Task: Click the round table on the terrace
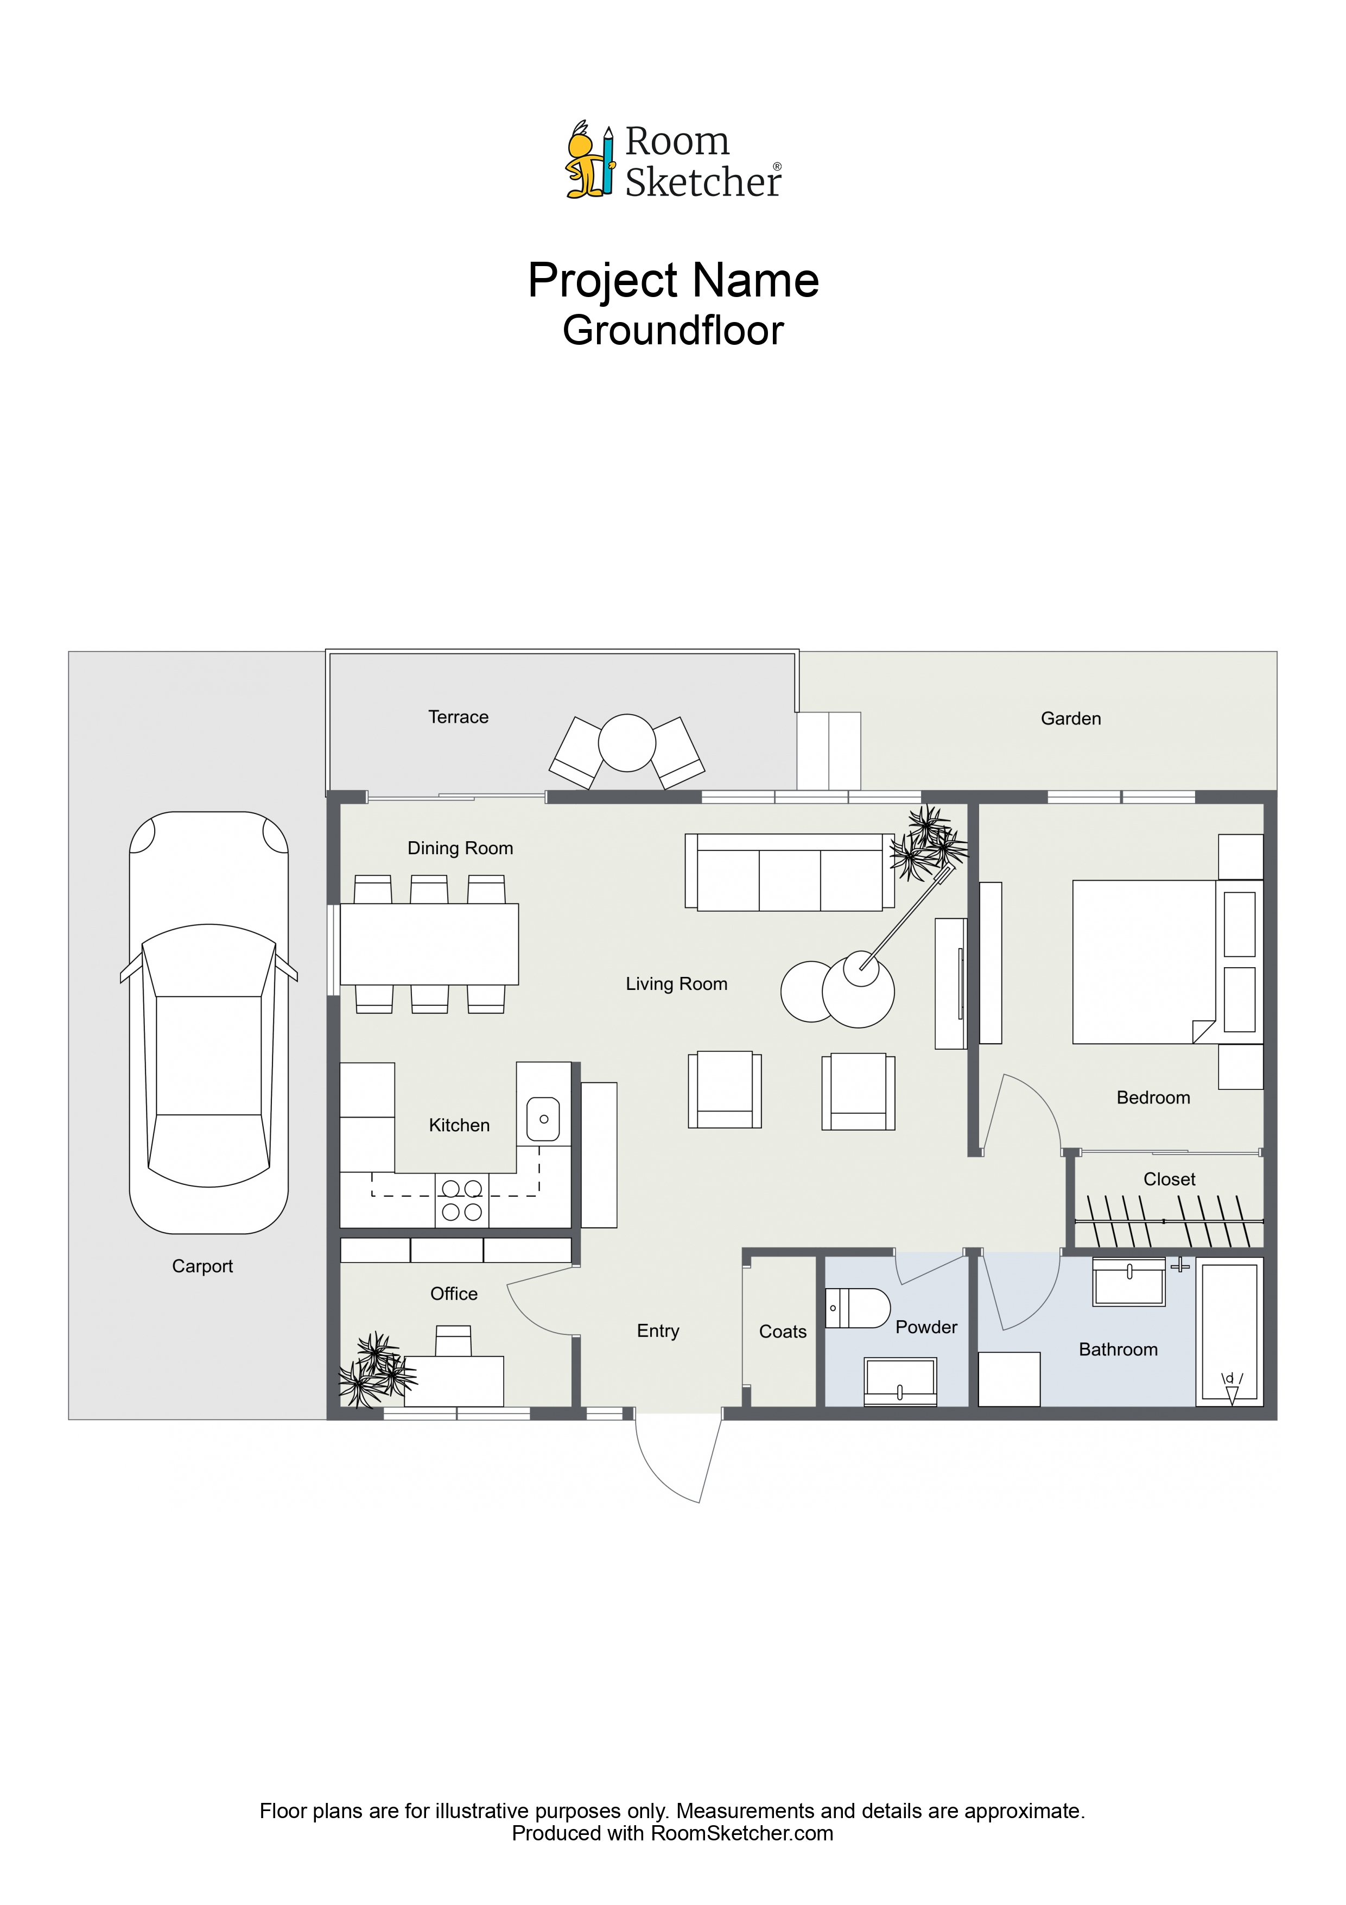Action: click(627, 742)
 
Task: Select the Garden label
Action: click(1071, 718)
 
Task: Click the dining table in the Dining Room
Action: click(430, 944)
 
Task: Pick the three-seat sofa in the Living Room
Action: click(790, 872)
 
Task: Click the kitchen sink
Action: click(543, 1119)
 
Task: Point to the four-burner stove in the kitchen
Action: click(462, 1201)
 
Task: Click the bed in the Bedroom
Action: click(1145, 962)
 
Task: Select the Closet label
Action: click(1170, 1179)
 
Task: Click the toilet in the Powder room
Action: click(858, 1308)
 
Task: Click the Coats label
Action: click(782, 1332)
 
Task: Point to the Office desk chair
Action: click(454, 1340)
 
